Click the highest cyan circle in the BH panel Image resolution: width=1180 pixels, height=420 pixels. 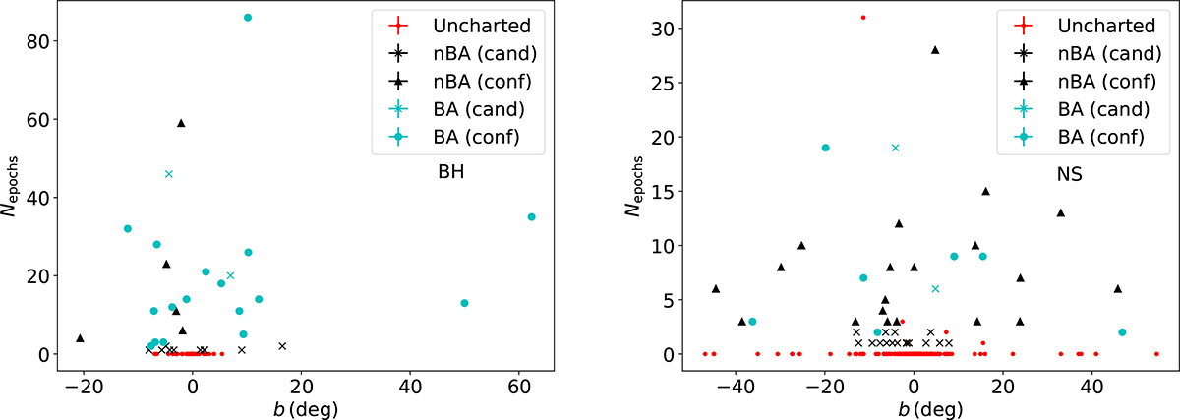[248, 18]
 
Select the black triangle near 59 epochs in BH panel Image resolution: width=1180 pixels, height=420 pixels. [181, 123]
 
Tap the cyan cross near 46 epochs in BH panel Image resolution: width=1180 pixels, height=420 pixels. [169, 174]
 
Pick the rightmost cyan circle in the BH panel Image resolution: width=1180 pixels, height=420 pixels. [532, 217]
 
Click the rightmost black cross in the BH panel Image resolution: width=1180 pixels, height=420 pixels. [282, 346]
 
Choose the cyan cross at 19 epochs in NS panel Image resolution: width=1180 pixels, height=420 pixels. [895, 148]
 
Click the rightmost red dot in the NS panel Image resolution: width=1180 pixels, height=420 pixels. [1156, 354]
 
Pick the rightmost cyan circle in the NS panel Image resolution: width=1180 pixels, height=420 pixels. [1122, 332]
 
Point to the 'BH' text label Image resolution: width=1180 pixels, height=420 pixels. [450, 171]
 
